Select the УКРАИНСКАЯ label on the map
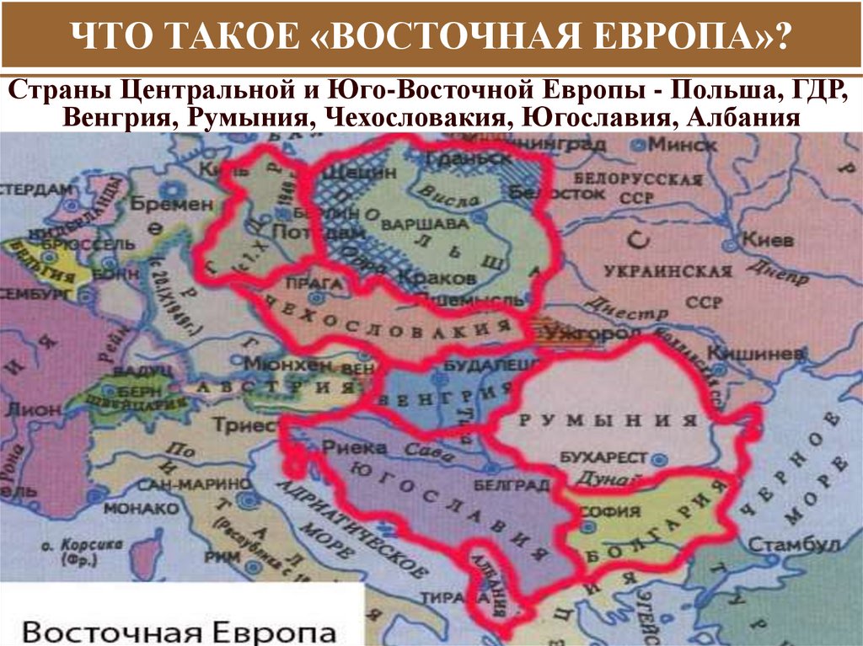667,271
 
